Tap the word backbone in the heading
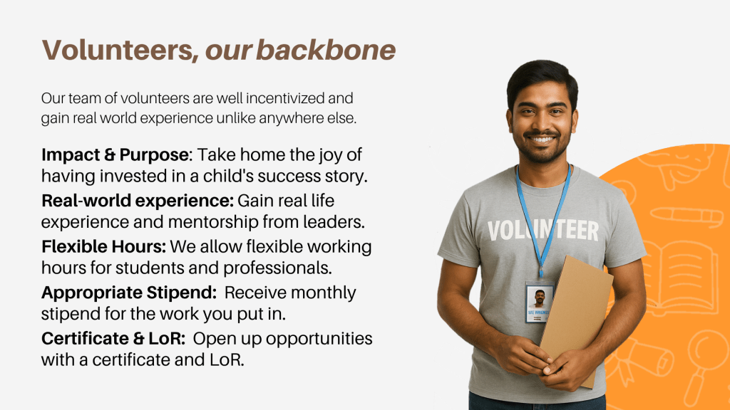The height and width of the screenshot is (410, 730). click(326, 51)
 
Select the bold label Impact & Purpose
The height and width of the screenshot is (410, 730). click(115, 154)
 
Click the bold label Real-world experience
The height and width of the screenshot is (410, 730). click(138, 201)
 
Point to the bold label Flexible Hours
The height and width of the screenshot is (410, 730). click(103, 246)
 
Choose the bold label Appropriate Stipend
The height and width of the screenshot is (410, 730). click(129, 293)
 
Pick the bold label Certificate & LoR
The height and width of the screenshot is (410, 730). click(113, 338)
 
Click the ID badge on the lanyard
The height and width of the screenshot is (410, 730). click(539, 301)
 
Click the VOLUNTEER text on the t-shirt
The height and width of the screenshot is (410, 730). click(543, 231)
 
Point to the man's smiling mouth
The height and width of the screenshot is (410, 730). click(542, 139)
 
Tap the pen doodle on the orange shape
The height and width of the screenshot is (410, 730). click(687, 216)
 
